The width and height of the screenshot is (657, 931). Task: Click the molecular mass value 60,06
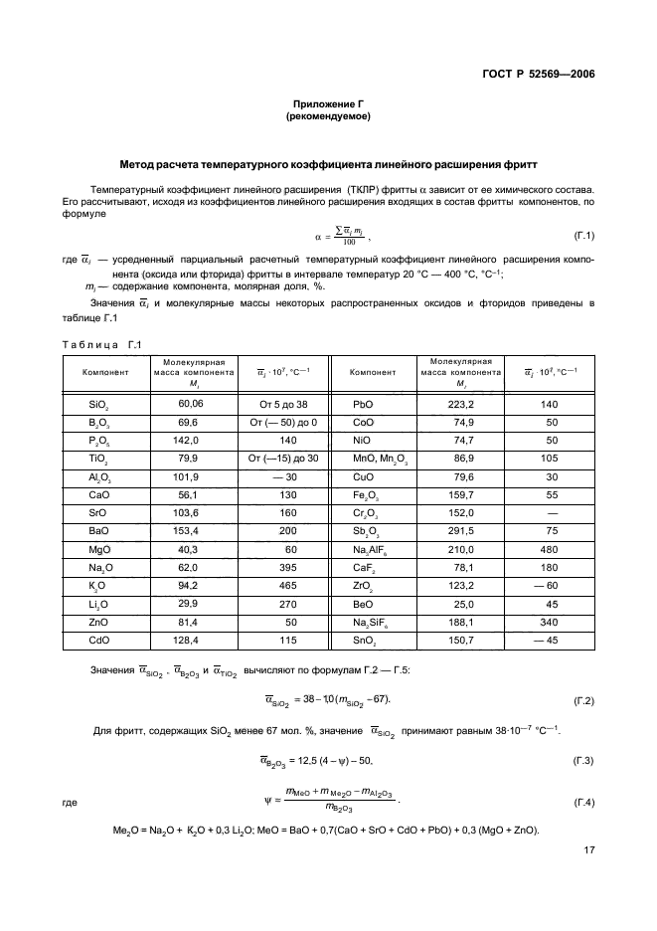point(190,405)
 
